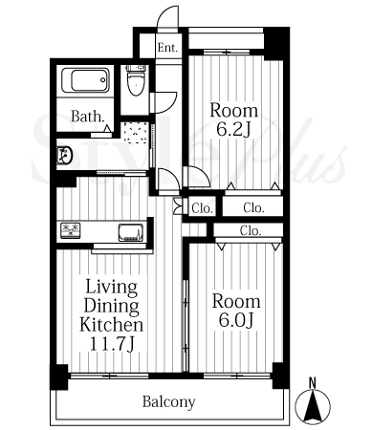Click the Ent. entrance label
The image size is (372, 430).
point(167,48)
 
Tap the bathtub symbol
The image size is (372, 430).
point(85,80)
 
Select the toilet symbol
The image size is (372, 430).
point(136,80)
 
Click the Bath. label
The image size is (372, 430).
point(88,117)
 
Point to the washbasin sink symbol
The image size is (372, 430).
point(64,155)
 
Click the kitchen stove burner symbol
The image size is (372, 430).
point(71,230)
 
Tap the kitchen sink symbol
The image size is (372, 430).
point(131,232)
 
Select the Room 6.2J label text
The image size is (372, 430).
point(233,119)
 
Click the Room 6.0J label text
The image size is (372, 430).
point(236,311)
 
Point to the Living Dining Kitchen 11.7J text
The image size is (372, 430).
point(111,315)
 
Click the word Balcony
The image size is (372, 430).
point(168,402)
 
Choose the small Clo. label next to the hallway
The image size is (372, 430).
point(202,208)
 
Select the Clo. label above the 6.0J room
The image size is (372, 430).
point(251,230)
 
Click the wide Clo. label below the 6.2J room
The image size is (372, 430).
point(253,207)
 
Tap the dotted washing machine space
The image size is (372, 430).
point(136,133)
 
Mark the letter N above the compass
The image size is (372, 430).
point(313,382)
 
